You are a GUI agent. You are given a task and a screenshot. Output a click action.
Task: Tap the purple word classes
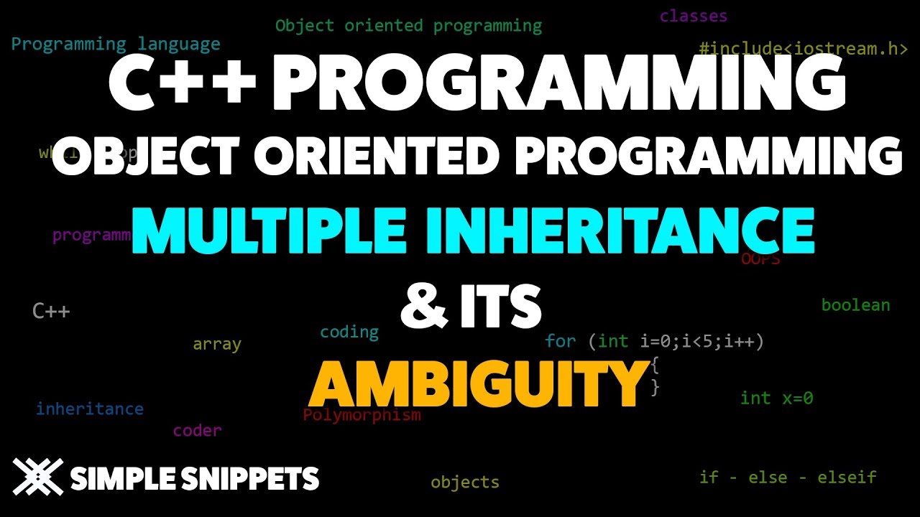[693, 16]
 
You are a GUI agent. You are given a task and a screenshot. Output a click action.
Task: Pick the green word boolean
[855, 305]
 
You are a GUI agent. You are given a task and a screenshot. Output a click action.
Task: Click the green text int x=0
[776, 398]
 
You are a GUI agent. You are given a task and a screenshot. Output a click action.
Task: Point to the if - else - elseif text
[788, 477]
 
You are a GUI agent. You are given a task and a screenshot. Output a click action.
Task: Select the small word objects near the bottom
[464, 482]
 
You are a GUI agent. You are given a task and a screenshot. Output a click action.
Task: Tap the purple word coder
[197, 431]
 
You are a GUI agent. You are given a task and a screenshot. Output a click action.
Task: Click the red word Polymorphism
[362, 415]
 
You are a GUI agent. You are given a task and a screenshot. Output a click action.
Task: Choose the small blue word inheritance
[90, 409]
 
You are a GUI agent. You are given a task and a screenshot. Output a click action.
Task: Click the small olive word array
[216, 344]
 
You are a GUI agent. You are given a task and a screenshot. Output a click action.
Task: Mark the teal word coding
[349, 332]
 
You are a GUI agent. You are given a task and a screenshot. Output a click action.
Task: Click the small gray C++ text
[51, 311]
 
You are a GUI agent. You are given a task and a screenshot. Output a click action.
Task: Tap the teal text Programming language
[116, 44]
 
